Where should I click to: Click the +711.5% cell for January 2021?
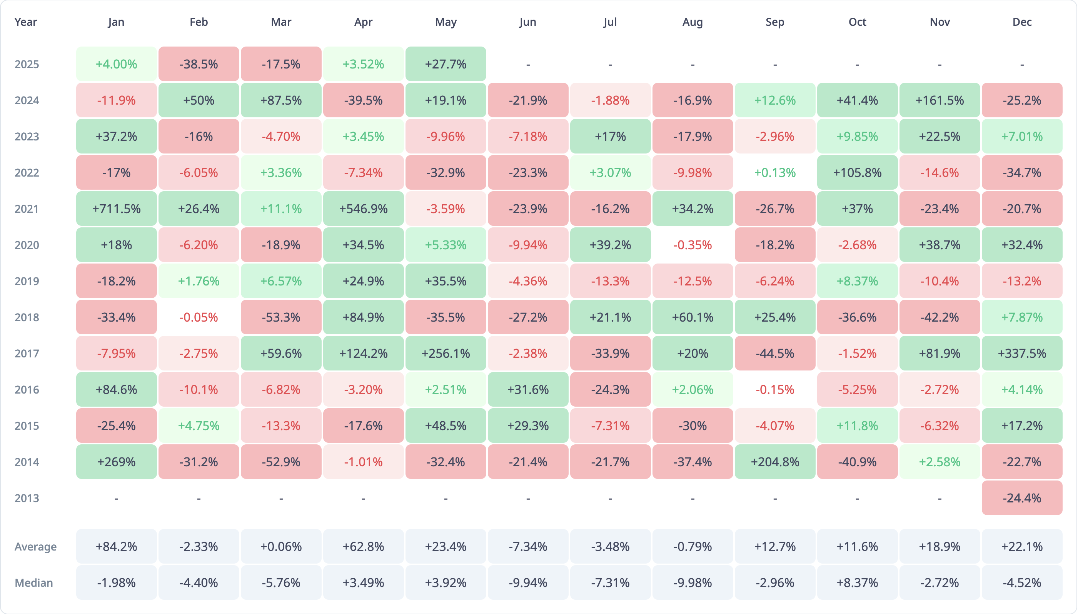tap(116, 209)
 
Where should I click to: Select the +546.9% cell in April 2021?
tap(364, 209)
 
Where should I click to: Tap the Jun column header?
tap(528, 22)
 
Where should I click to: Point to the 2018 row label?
tap(27, 317)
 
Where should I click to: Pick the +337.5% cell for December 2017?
tap(1022, 354)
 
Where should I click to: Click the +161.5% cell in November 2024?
tap(940, 100)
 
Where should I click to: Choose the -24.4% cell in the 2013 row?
tap(1022, 498)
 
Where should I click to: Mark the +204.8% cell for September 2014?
tap(775, 462)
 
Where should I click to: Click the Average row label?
tap(35, 547)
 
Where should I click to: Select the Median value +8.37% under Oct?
tap(857, 583)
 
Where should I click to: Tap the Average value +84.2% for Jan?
tap(116, 547)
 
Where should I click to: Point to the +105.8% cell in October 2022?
tap(857, 172)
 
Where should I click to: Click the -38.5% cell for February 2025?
tap(199, 64)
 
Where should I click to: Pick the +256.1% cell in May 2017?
tap(446, 354)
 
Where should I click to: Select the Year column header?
tap(26, 22)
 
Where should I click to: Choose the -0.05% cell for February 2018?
tap(199, 317)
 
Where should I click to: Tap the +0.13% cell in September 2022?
tap(775, 172)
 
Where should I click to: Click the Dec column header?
tap(1022, 22)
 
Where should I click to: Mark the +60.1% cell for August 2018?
tap(693, 317)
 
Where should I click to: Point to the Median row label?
tap(34, 583)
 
